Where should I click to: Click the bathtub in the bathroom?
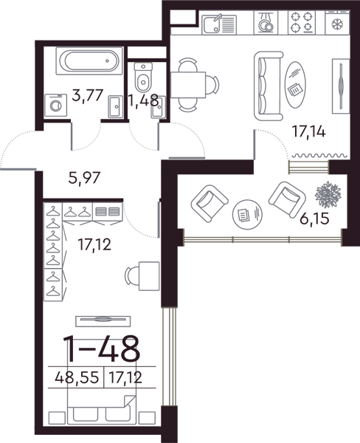pos(89,61)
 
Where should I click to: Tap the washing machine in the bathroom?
pos(56,106)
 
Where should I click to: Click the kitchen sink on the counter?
pos(219,24)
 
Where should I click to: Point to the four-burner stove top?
pos(302,23)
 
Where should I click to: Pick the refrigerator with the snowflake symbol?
pos(337,24)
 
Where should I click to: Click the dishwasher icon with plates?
pos(266,23)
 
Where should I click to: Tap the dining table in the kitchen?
pos(188,85)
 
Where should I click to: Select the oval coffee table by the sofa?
pos(295,84)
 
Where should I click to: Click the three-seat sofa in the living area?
pos(269,86)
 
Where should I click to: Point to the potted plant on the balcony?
pos(328,195)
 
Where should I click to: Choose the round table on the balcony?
pos(247,214)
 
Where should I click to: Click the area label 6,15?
pos(314,219)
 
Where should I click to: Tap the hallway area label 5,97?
pos(84,178)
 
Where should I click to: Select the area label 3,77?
pos(88,95)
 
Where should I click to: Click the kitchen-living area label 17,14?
pos(308,131)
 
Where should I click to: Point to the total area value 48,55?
pos(77,377)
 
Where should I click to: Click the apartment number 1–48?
pos(101,348)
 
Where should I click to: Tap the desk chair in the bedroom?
pos(131,276)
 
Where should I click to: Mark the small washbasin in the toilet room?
pos(158,107)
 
